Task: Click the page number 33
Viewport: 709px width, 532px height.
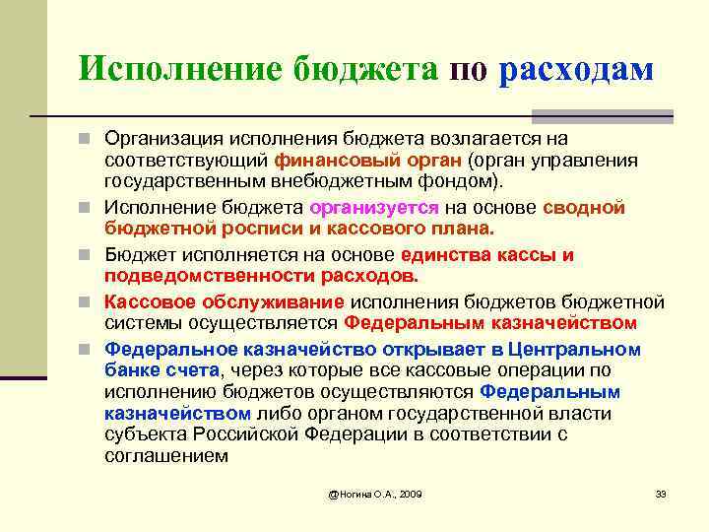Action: [661, 493]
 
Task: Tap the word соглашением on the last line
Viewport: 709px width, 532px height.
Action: [166, 456]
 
